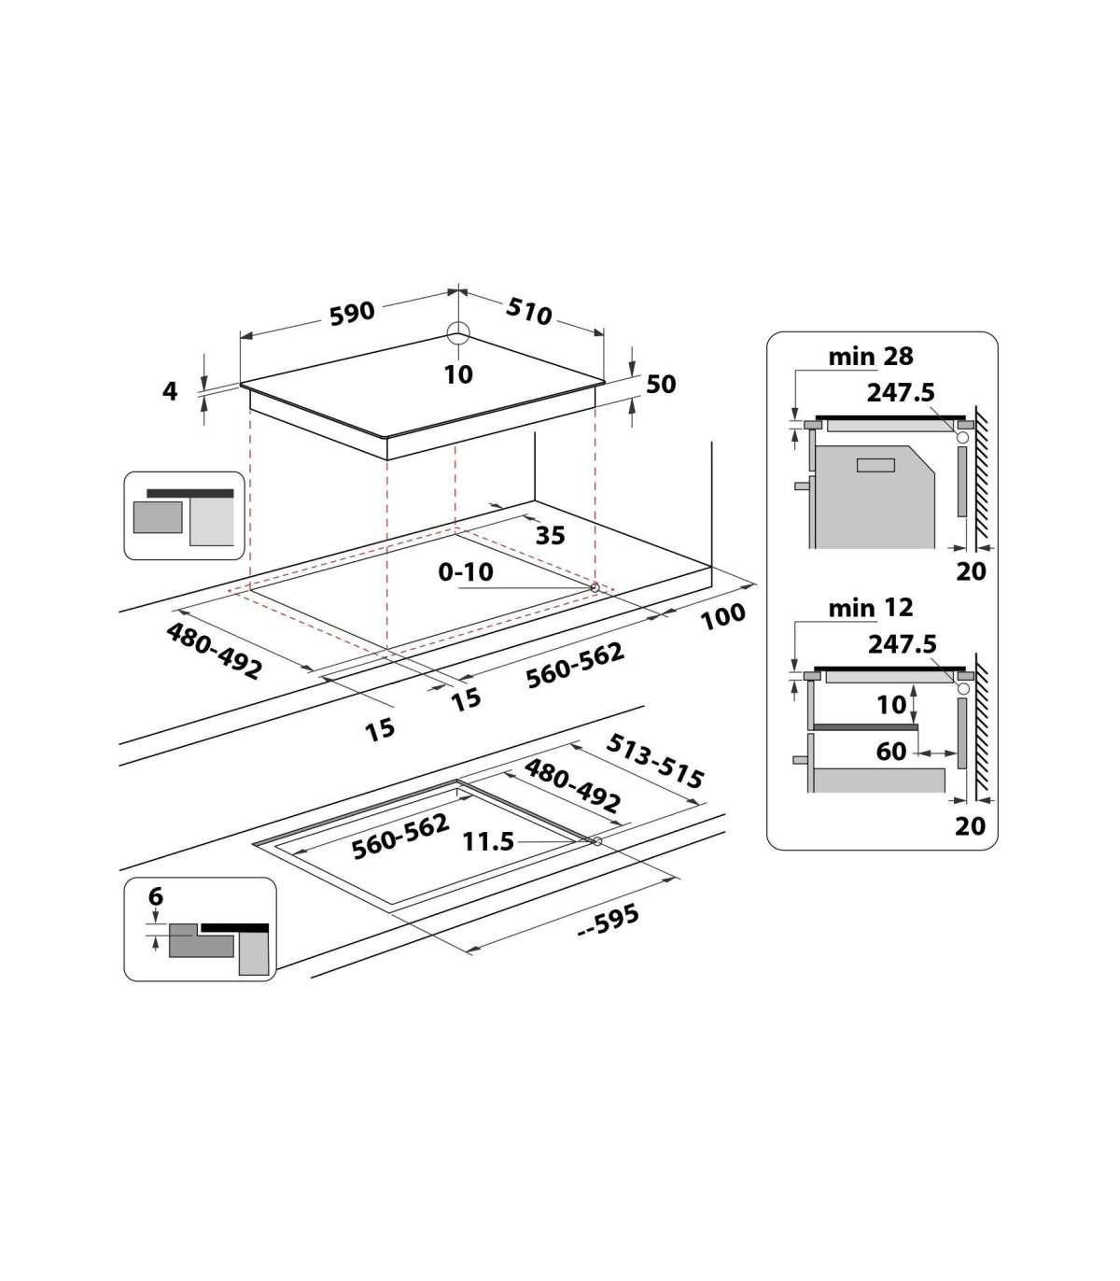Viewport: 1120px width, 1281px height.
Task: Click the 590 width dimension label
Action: [352, 313]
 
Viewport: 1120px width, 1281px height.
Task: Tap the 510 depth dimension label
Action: [528, 311]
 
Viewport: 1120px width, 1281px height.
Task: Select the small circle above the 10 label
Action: [458, 333]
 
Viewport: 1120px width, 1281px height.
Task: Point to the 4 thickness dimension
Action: [170, 391]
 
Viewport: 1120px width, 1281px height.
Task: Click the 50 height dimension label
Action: [661, 384]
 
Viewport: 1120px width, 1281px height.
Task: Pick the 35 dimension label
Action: [551, 535]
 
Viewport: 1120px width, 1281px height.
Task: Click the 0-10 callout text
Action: [466, 571]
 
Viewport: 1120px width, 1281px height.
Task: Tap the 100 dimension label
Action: [722, 616]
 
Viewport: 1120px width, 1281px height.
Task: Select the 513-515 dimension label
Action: [655, 761]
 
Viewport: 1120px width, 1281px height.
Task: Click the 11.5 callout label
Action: [488, 842]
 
